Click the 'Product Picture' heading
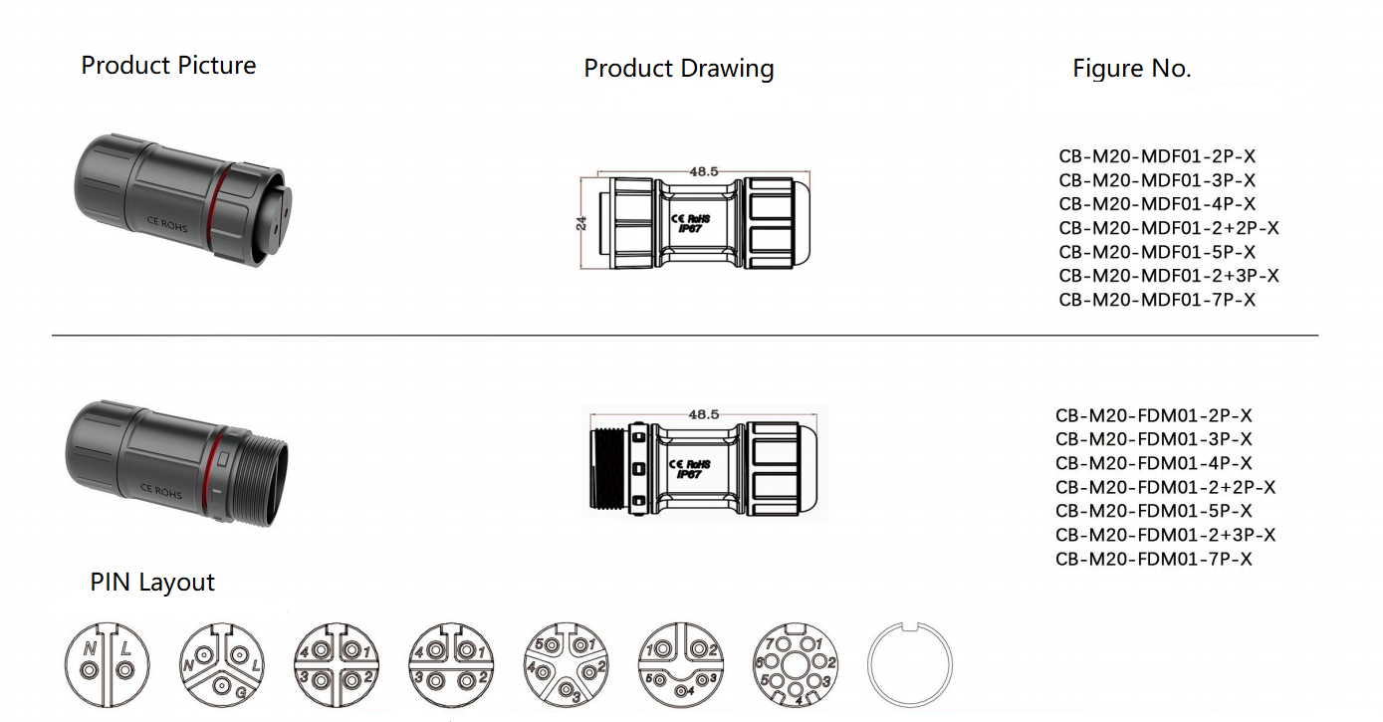[168, 66]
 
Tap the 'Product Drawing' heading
[678, 69]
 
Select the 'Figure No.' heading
[1131, 69]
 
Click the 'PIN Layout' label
[152, 583]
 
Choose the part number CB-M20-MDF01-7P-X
[1157, 300]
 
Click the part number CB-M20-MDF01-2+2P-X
[1168, 228]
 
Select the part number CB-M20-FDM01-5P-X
[1153, 511]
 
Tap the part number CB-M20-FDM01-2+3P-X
[1165, 535]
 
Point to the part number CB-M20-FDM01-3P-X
[1153, 439]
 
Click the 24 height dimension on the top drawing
[581, 223]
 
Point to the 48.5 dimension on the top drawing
[704, 171]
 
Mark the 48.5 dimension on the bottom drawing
[704, 413]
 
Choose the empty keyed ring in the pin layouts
[910, 664]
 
